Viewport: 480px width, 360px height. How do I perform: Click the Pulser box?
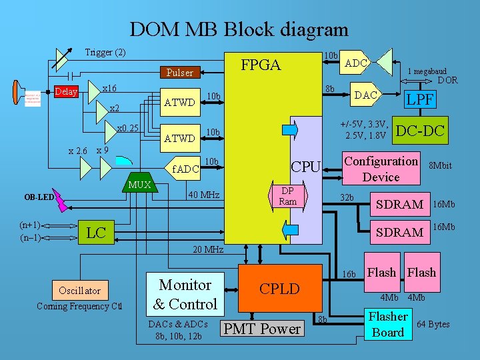point(179,72)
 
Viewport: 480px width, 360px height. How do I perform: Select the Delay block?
point(66,91)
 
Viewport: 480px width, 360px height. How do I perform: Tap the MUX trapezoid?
point(139,184)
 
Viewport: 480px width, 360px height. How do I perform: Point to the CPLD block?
point(279,289)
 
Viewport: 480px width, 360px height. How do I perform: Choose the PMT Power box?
point(262,329)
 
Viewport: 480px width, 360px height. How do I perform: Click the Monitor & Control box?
point(185,294)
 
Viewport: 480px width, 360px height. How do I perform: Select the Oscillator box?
point(79,290)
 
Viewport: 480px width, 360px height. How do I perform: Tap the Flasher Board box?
point(388,324)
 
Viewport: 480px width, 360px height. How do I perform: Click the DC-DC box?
point(420,131)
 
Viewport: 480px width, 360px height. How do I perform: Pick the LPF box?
point(421,99)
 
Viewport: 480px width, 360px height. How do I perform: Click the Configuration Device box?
point(381,169)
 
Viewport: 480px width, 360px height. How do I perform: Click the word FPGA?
point(261,65)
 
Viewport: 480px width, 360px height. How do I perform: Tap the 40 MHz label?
point(204,195)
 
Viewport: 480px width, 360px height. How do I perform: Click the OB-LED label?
point(39,197)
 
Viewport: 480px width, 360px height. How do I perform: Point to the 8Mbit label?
point(440,165)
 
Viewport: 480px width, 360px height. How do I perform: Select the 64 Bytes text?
point(433,324)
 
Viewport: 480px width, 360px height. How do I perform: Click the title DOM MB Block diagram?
point(239,29)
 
